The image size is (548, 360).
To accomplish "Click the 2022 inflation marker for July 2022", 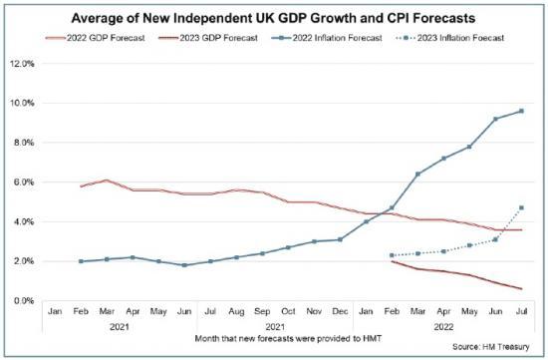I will click(x=521, y=111).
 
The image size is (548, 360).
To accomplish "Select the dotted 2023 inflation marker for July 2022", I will click(x=521, y=207).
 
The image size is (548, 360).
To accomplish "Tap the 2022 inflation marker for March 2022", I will click(x=417, y=175).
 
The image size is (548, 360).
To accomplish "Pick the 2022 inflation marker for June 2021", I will click(x=184, y=265).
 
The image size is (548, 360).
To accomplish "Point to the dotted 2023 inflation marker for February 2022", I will click(x=392, y=255).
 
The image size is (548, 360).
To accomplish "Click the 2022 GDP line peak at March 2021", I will click(x=107, y=180).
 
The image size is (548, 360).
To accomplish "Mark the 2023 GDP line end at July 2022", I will click(x=521, y=289).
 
